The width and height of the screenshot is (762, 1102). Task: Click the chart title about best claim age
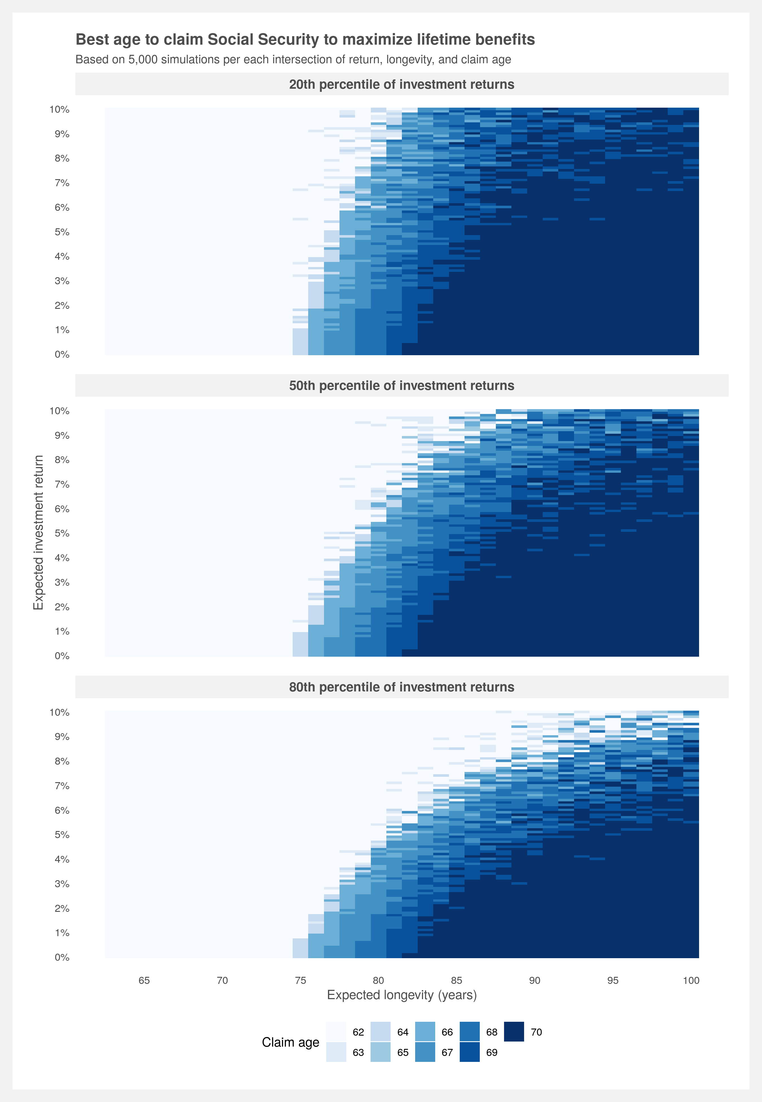(305, 39)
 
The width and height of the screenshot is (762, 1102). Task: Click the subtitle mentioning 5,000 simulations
(293, 60)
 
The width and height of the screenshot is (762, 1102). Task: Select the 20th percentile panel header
(402, 84)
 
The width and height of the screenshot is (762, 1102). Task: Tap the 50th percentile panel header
(402, 386)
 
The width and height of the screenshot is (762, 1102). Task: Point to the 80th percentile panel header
(402, 687)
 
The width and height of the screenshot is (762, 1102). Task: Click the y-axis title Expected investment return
(38, 532)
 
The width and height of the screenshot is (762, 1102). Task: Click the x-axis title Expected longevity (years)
(402, 995)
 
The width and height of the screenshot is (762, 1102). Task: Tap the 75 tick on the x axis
(300, 980)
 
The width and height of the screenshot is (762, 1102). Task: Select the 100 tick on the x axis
(691, 980)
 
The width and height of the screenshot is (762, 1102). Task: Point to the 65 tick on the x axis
(144, 980)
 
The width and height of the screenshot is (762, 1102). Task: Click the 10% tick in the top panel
(60, 109)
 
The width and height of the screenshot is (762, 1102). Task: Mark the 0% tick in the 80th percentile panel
(62, 957)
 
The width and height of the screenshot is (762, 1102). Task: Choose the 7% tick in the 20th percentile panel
(62, 183)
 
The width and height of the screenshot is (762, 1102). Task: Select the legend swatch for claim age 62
(336, 1032)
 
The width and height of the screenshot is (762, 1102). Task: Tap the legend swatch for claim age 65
(380, 1052)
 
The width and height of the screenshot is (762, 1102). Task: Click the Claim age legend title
(290, 1042)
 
